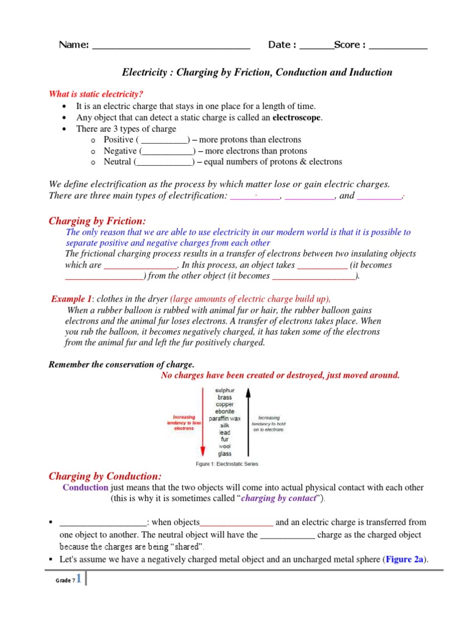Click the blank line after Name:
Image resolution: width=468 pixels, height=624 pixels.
click(x=171, y=47)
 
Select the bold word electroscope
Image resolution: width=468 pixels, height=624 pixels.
click(x=297, y=118)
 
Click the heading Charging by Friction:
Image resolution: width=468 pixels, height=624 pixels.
click(x=97, y=221)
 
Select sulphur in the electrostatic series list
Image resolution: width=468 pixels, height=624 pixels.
click(x=225, y=390)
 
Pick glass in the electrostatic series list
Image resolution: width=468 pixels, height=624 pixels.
click(x=225, y=453)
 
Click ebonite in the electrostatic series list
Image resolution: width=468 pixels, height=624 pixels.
click(x=225, y=411)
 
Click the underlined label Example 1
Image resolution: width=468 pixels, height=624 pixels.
click(x=71, y=299)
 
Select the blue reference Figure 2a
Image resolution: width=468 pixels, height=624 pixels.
click(x=405, y=559)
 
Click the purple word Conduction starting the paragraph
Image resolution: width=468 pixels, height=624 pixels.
click(x=85, y=487)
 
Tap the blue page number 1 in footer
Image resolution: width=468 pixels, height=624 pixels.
click(x=78, y=579)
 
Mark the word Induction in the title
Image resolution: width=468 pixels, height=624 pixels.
click(x=368, y=73)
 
